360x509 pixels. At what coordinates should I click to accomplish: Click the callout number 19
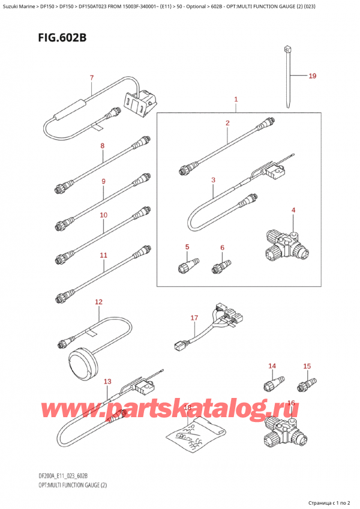pyautogui.click(x=312, y=76)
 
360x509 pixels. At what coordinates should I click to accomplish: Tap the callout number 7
pyautogui.click(x=92, y=78)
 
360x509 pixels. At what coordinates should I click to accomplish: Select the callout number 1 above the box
pyautogui.click(x=236, y=99)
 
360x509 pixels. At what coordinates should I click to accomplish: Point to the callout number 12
pyautogui.click(x=98, y=302)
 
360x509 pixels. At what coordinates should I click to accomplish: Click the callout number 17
pyautogui.click(x=194, y=318)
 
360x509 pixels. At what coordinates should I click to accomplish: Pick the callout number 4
pyautogui.click(x=293, y=210)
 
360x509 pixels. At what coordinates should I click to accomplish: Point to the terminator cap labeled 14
pyautogui.click(x=274, y=382)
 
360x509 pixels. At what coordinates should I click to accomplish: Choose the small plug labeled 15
pyautogui.click(x=307, y=384)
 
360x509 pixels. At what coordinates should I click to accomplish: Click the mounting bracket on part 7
pyautogui.click(x=140, y=102)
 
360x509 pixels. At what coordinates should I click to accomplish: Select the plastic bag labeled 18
pyautogui.click(x=196, y=433)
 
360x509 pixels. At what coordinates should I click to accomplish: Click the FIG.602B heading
pyautogui.click(x=62, y=38)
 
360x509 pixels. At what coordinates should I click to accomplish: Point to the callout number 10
pyautogui.click(x=104, y=215)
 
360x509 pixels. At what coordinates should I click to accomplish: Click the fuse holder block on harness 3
pyautogui.click(x=276, y=169)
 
